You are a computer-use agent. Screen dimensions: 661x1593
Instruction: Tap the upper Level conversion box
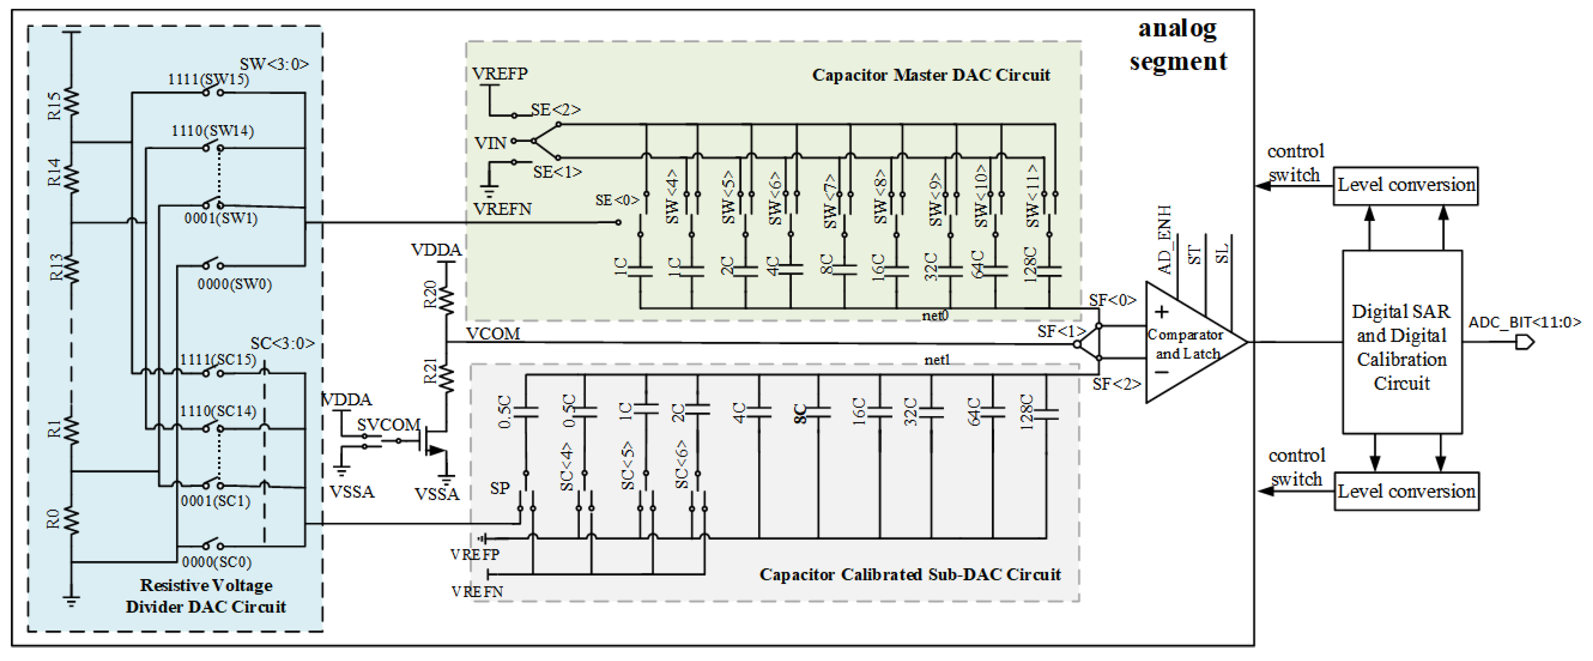1405,185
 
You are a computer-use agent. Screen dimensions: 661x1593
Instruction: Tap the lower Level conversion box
1405,492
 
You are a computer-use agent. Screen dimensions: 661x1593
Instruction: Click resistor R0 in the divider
72,520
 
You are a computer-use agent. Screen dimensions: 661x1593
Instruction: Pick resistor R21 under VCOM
446,376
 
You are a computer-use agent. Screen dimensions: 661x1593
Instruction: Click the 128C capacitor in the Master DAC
1049,271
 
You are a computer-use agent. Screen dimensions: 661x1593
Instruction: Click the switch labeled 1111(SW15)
213,93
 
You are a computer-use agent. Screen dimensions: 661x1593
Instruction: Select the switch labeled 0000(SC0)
213,545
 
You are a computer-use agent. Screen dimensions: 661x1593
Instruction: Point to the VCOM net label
493,334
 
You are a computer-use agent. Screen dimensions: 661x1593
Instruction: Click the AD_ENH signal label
1164,240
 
